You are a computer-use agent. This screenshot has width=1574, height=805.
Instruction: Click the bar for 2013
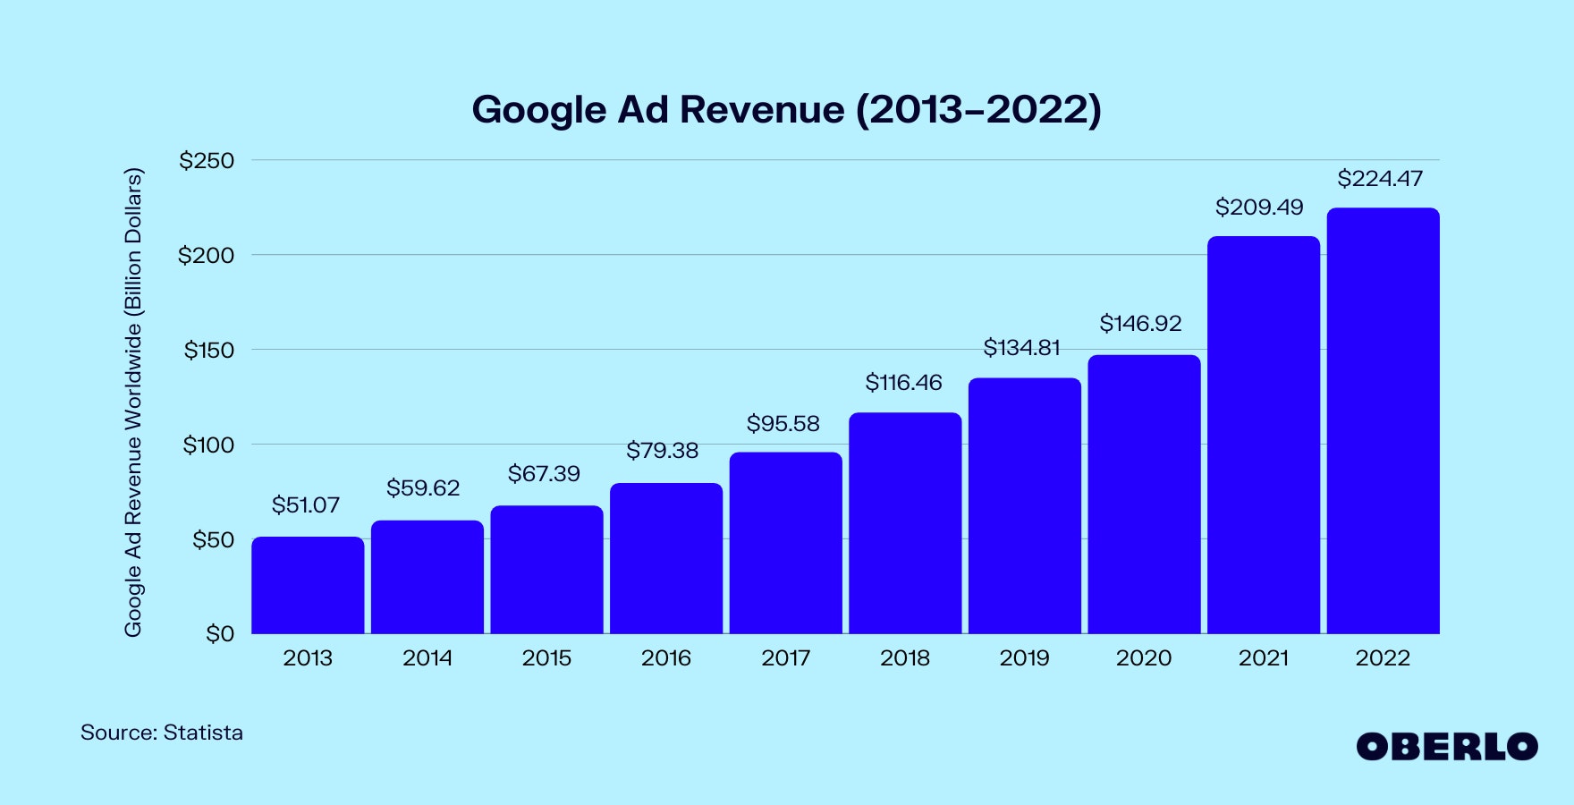pyautogui.click(x=308, y=585)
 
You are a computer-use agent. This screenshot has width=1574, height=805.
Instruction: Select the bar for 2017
pyautogui.click(x=785, y=543)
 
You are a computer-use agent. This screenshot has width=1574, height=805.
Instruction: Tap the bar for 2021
pyautogui.click(x=1263, y=435)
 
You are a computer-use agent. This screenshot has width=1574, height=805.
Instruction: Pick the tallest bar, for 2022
pyautogui.click(x=1383, y=420)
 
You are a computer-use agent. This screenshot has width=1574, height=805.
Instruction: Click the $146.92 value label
pyautogui.click(x=1140, y=324)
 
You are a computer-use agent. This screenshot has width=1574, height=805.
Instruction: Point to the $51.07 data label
pyautogui.click(x=306, y=505)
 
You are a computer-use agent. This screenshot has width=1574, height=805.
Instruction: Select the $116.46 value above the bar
pyautogui.click(x=903, y=383)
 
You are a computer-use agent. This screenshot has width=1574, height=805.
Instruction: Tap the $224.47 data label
pyautogui.click(x=1379, y=179)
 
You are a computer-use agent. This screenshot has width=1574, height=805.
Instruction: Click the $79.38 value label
pyautogui.click(x=662, y=451)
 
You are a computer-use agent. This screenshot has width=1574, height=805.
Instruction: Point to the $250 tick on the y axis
pyautogui.click(x=207, y=161)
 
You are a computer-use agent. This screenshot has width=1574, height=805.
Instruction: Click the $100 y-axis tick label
pyautogui.click(x=208, y=445)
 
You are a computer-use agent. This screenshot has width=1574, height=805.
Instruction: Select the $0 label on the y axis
pyautogui.click(x=220, y=634)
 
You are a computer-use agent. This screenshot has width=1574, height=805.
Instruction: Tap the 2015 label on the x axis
pyautogui.click(x=546, y=658)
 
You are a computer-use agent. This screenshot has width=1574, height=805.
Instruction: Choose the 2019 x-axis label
pyautogui.click(x=1024, y=658)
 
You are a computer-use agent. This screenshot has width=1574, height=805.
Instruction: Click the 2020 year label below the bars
pyautogui.click(x=1143, y=658)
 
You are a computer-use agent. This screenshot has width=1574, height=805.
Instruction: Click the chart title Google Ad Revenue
pyautogui.click(x=786, y=110)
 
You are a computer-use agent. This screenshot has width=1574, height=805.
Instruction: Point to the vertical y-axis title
pyautogui.click(x=133, y=402)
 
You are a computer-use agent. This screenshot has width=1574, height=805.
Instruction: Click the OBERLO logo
pyautogui.click(x=1446, y=747)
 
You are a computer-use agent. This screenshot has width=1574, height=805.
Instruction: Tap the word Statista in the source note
pyautogui.click(x=203, y=733)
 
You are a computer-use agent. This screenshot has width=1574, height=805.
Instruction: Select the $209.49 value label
pyautogui.click(x=1259, y=208)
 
